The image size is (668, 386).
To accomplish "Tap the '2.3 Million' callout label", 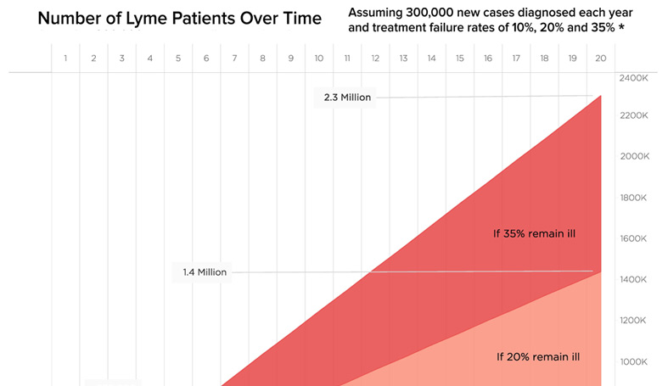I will coord(347,98).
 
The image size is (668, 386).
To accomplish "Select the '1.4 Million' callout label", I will coord(205,272).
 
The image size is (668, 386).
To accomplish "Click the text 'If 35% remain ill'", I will coord(535,233).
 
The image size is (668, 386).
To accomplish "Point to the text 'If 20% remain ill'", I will coord(538,357).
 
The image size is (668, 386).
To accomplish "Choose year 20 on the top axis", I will coord(601,58).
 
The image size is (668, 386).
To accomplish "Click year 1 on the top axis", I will coord(65,58).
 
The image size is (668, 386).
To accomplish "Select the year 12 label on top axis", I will coord(375,58).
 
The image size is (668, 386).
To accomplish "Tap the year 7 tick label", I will coord(234,58).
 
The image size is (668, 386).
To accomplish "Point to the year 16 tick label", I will coord(488,58).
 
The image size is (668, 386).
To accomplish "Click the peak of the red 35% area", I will coord(601,96).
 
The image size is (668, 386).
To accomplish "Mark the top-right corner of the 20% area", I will coord(601,272).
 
